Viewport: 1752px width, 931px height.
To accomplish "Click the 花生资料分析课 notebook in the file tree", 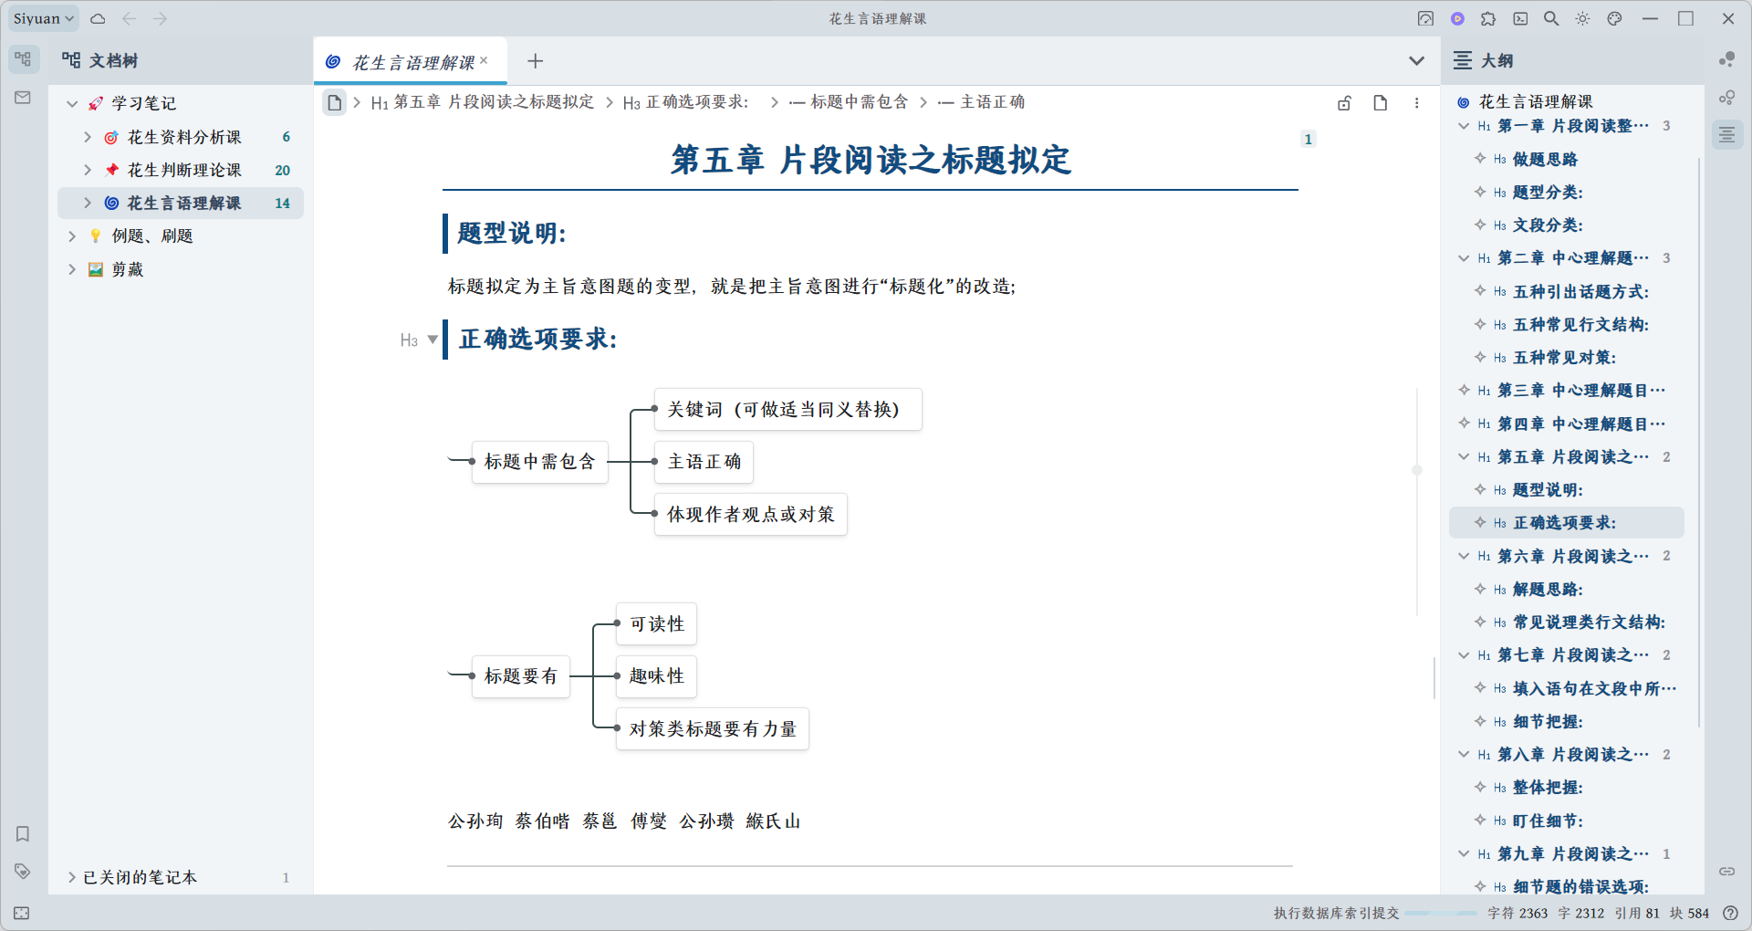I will coord(183,137).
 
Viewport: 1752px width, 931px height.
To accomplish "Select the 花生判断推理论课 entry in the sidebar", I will coord(183,170).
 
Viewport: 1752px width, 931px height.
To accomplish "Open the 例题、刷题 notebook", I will coord(151,235).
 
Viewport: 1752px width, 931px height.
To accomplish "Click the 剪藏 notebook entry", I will coord(127,269).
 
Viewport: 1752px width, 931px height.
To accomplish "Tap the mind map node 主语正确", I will coord(704,462).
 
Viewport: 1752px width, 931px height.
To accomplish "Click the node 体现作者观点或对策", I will coord(750,515).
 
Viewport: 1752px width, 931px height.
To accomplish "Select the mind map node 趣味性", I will coord(656,676).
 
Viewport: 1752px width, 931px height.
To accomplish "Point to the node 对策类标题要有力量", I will coord(713,729).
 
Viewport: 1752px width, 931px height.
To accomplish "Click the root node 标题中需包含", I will coord(539,462).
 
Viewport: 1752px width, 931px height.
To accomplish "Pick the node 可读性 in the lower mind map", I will coord(656,624).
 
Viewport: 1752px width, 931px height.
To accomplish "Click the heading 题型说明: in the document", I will coord(511,234).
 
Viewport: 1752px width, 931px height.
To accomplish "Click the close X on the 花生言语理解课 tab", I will coord(484,60).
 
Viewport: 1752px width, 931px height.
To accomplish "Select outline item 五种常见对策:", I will coord(1564,358).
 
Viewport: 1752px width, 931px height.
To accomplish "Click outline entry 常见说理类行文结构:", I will coord(1589,622).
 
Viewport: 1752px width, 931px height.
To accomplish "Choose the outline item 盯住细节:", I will coord(1548,821).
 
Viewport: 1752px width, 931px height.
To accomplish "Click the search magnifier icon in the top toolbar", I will coord(1550,18).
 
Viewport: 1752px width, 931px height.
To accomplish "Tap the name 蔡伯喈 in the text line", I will coord(542,821).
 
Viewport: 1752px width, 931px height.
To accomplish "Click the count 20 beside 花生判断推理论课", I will coord(282,170).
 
